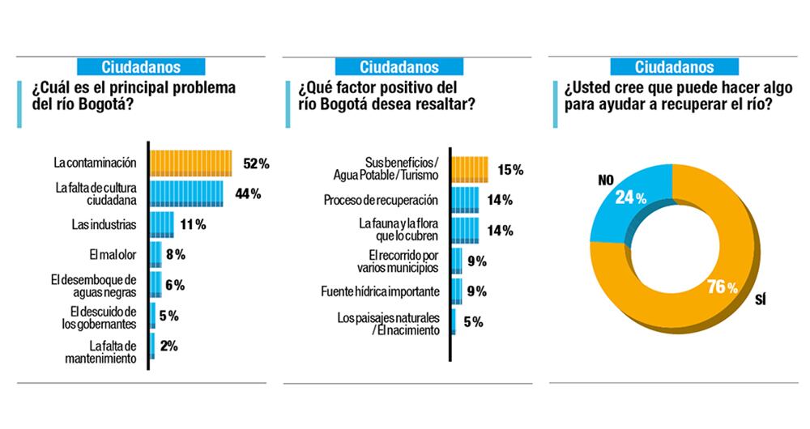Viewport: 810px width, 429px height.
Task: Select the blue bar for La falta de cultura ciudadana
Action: [186, 193]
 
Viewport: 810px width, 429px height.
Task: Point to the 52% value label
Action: [256, 164]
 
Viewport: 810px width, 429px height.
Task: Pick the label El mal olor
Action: [111, 254]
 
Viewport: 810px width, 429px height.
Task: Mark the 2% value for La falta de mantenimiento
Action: [169, 346]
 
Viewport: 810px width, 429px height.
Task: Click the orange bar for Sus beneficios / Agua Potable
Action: [471, 169]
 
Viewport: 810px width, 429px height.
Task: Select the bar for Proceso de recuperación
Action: [466, 200]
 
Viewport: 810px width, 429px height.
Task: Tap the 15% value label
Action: [510, 170]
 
